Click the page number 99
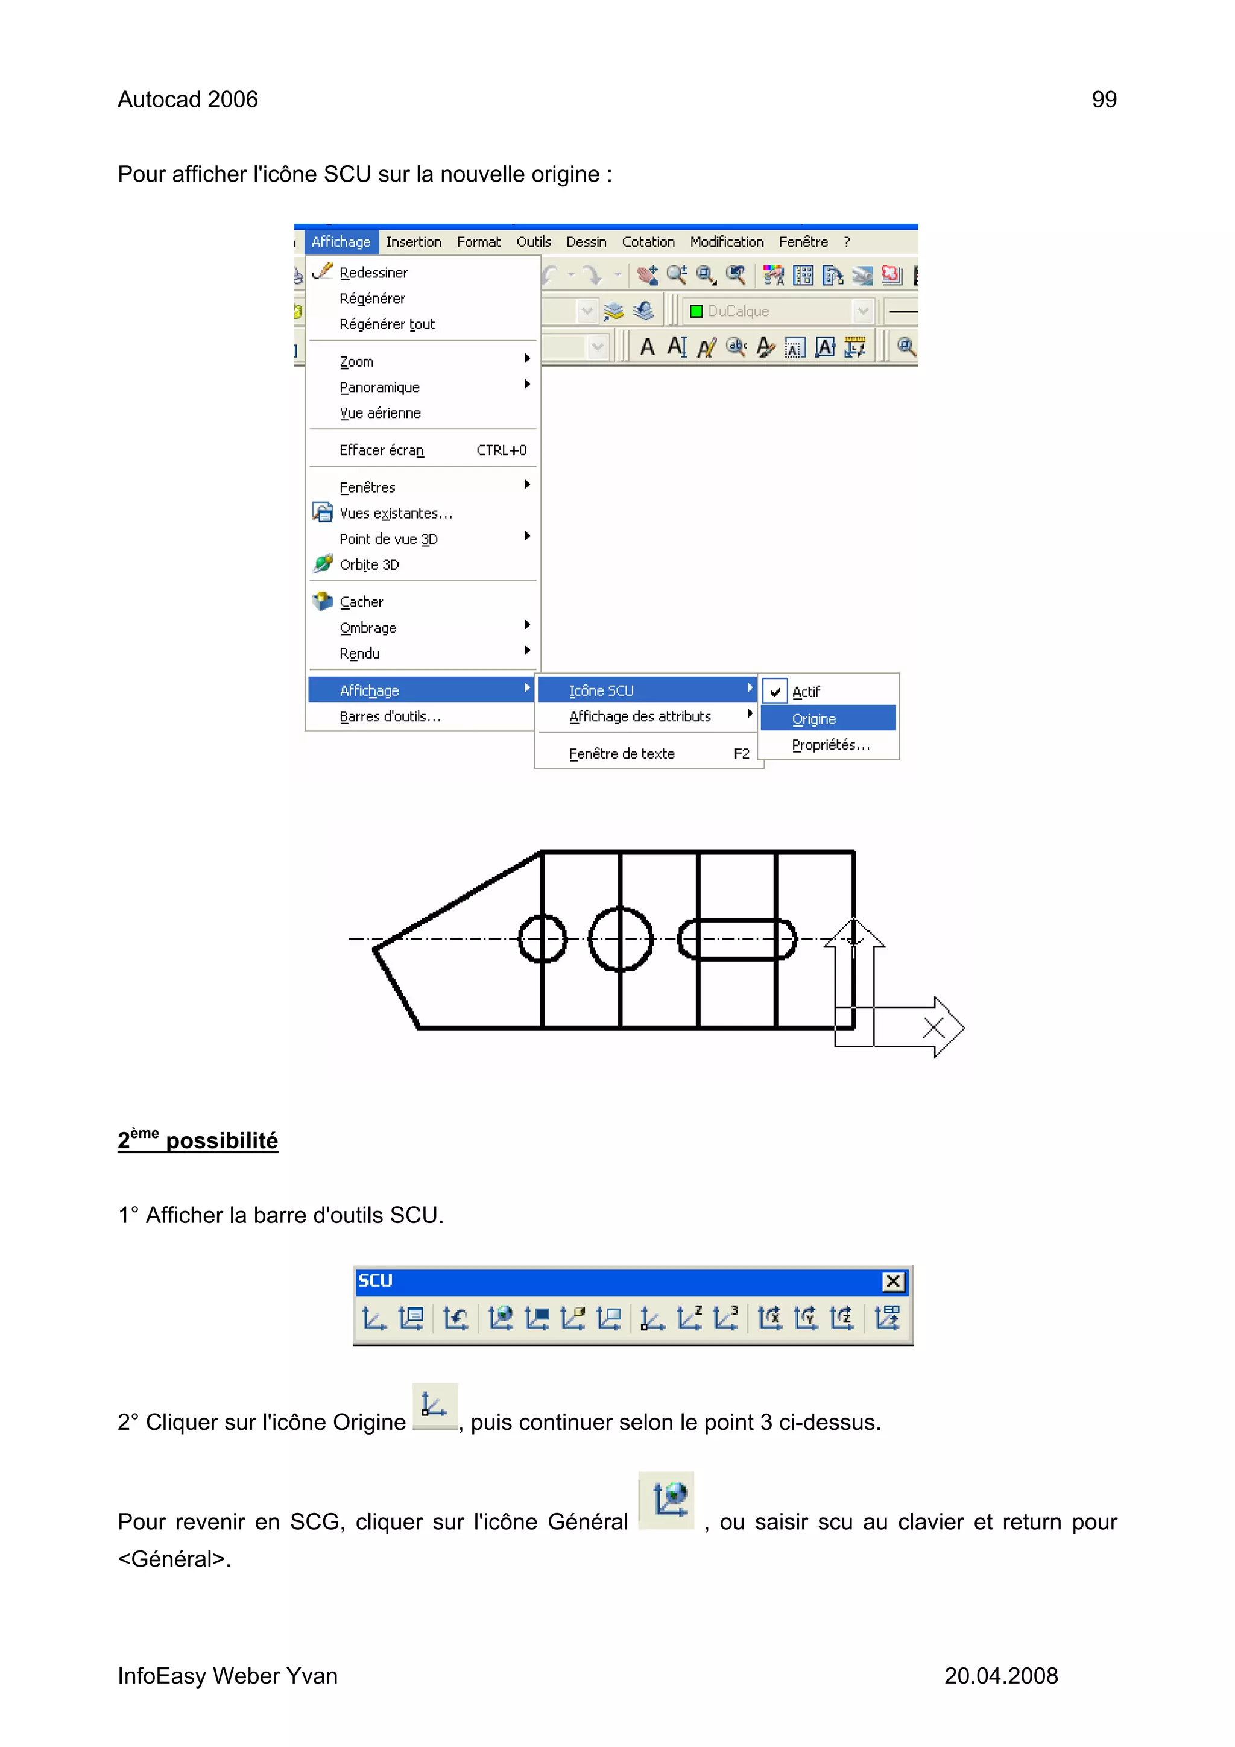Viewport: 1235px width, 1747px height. click(x=1104, y=100)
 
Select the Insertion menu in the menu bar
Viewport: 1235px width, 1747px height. click(x=413, y=242)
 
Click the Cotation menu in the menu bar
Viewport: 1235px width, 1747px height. click(x=648, y=242)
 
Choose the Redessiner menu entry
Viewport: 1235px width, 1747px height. click(x=373, y=273)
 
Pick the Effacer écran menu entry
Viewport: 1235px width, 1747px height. click(x=381, y=450)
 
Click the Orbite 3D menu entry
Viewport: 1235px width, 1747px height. click(x=369, y=564)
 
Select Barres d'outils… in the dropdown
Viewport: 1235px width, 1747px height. click(x=390, y=717)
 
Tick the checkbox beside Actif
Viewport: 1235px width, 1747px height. click(x=775, y=692)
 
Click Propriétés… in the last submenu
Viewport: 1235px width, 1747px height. click(x=830, y=745)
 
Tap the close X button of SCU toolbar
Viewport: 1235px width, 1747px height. click(x=892, y=1282)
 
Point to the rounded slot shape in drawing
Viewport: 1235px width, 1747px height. click(x=736, y=940)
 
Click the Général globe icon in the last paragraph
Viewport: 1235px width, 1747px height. click(x=666, y=1500)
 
